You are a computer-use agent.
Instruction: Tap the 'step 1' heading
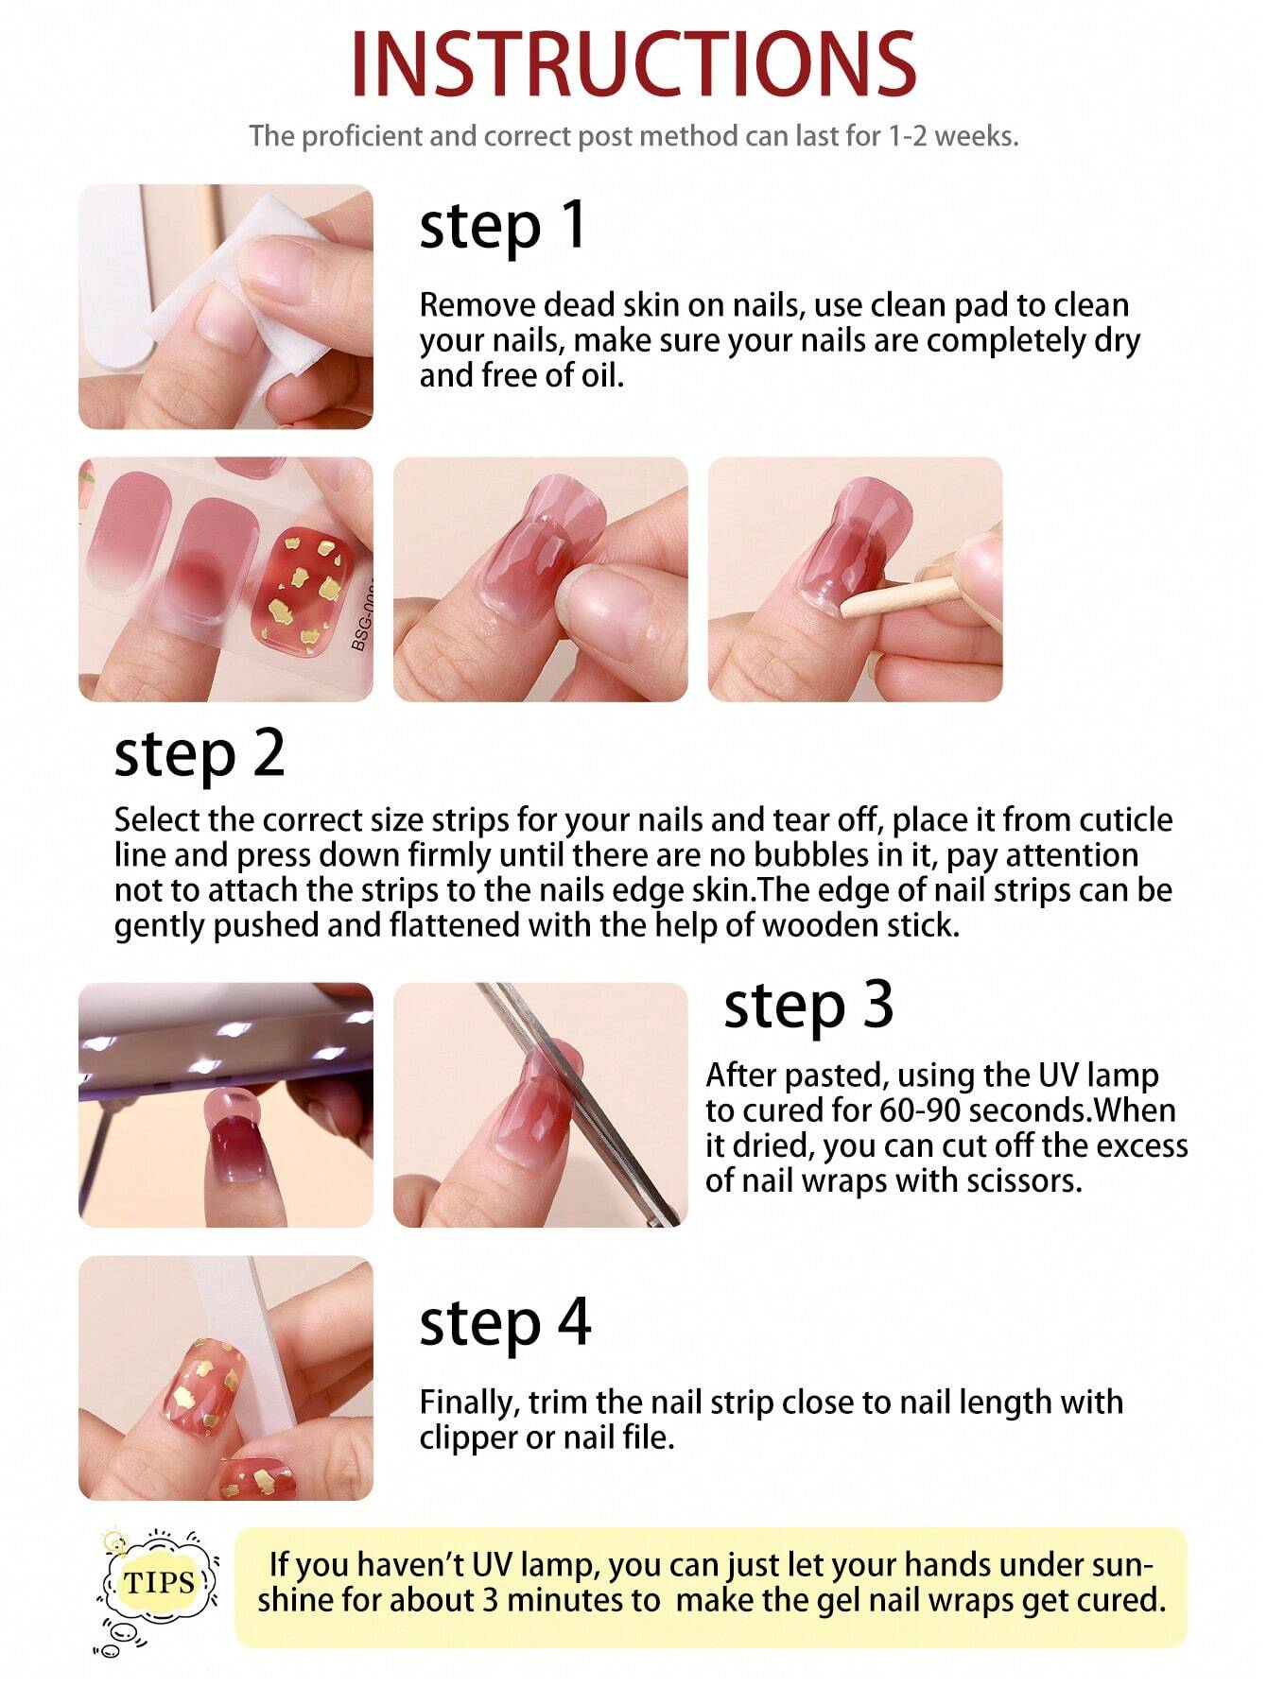pyautogui.click(x=502, y=228)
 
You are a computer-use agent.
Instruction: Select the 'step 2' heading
pyautogui.click(x=199, y=754)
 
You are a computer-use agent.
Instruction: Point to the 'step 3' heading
pyautogui.click(x=808, y=1006)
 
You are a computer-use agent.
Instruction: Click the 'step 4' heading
pyautogui.click(x=505, y=1322)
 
